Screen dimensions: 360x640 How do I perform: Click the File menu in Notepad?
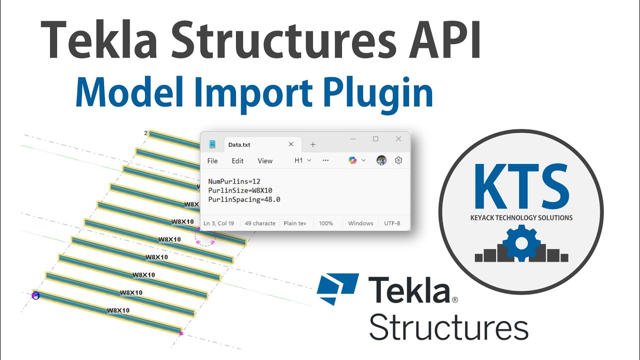(x=212, y=161)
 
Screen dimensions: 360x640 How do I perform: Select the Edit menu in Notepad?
(x=237, y=161)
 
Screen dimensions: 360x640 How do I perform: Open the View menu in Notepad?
(x=265, y=161)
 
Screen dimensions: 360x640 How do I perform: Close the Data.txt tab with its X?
(x=291, y=144)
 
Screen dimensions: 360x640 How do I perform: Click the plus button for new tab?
(x=313, y=144)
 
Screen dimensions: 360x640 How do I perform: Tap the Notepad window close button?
(x=398, y=139)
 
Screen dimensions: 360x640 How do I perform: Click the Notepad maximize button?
(x=375, y=139)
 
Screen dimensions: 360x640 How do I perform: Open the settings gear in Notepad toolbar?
(x=398, y=160)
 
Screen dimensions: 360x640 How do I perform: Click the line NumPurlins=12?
(x=234, y=181)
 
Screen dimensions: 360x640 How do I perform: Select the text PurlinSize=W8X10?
(x=240, y=190)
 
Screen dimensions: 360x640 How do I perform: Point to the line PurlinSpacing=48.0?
(x=244, y=199)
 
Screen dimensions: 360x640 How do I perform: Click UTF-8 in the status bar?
(x=391, y=223)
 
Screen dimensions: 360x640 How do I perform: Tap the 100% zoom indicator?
(x=326, y=223)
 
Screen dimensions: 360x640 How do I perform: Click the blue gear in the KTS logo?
(x=521, y=243)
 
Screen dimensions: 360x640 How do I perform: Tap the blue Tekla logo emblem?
(x=338, y=288)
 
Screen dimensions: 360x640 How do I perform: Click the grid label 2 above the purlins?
(x=145, y=133)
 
